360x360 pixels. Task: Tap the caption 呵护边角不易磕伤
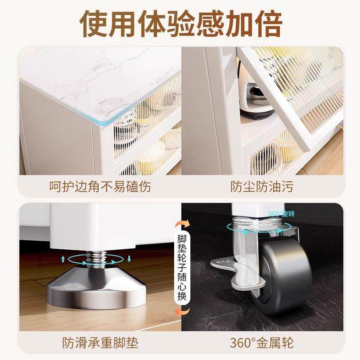tap(100, 186)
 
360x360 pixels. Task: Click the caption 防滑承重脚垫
tap(100, 343)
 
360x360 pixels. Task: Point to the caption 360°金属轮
tap(261, 343)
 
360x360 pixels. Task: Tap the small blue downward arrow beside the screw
tap(129, 258)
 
